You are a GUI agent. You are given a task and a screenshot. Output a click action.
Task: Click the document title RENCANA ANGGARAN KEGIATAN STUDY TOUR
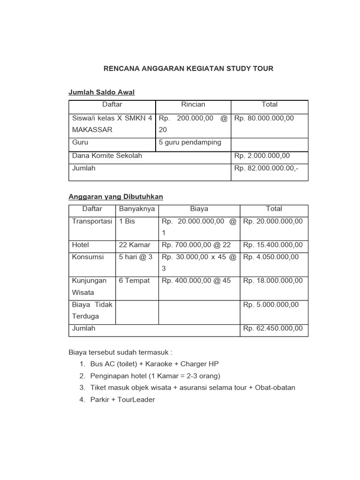pos(188,68)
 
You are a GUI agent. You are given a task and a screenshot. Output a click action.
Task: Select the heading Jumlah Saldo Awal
pos(102,92)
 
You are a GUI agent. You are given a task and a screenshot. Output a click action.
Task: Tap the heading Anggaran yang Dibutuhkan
pos(116,197)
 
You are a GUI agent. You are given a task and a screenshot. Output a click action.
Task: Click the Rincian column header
pos(193,105)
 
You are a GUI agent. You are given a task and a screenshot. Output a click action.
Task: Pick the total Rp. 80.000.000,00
pos(264,118)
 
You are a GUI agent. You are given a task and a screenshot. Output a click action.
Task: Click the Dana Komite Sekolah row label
pos(107,156)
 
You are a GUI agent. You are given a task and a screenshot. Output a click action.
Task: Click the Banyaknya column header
pos(137,209)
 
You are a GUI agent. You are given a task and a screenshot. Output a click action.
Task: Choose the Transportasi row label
pos(92,221)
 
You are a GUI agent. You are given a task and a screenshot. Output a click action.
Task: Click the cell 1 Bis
pos(127,221)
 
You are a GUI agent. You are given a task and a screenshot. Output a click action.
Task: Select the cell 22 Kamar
pos(135,245)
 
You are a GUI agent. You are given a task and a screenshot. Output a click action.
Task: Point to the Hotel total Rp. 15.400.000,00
pos(273,245)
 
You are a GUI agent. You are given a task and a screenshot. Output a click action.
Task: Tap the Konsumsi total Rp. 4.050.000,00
pos(271,257)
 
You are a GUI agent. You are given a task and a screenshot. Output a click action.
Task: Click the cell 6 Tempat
pos(135,280)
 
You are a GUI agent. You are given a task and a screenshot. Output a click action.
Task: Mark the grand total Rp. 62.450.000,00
pos(273,328)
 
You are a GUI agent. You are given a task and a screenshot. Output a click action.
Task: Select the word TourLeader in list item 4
pos(137,400)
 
